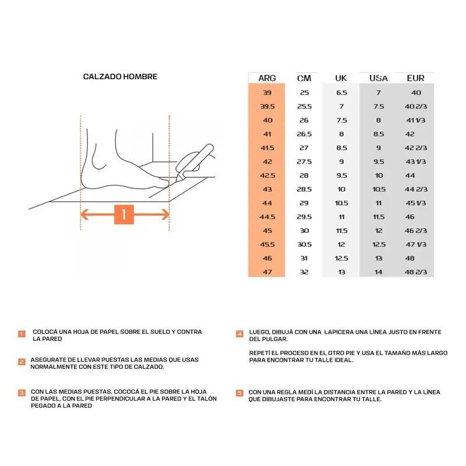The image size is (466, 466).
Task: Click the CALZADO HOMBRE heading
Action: coord(120,77)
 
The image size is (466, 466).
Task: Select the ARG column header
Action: coord(267,78)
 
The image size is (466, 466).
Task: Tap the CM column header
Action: coord(304,78)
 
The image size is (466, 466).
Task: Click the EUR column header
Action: coord(415,78)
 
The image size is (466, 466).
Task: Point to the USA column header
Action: coord(379,78)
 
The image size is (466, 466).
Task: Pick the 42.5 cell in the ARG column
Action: coord(267,175)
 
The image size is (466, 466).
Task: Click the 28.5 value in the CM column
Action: coord(304,189)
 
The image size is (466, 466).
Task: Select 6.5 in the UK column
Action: coord(341,93)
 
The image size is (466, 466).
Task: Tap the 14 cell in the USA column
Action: coord(379,272)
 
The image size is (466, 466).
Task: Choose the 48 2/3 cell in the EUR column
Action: coord(416,272)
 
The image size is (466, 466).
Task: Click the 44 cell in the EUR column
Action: coord(410,175)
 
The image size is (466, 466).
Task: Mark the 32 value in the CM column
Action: coord(304,272)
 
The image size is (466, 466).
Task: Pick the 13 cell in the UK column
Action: coord(341,272)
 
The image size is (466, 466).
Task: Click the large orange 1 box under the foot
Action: coord(124,214)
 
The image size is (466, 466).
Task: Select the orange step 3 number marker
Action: coord(22,393)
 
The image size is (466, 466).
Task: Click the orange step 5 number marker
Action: coord(239,393)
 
